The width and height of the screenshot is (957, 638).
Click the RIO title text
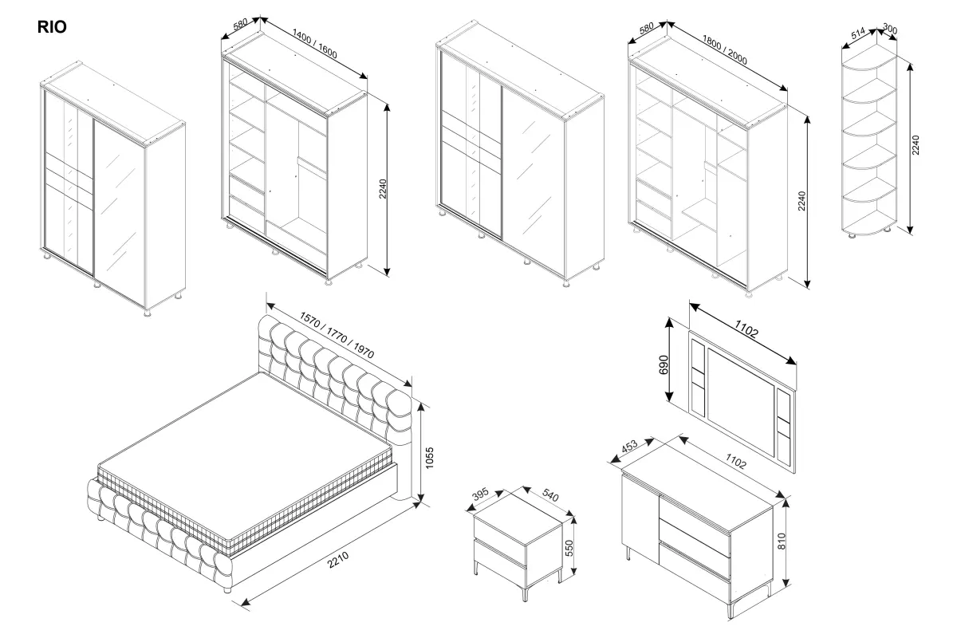(52, 27)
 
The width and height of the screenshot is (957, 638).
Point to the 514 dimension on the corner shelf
(858, 34)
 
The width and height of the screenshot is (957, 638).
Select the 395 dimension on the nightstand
(479, 495)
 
